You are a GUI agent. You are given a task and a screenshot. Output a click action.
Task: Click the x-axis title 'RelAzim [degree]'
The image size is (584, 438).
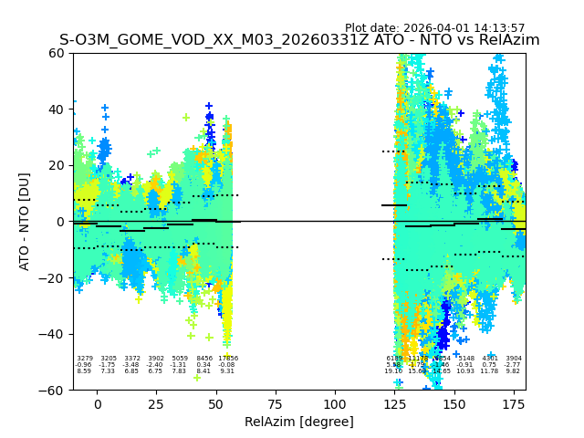click(298, 422)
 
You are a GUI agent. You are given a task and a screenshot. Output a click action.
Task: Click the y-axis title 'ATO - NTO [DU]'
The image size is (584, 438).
click(25, 221)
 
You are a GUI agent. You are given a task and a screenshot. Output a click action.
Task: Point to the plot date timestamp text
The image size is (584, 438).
click(434, 28)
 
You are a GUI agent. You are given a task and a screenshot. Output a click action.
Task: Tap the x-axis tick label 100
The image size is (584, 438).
click(335, 403)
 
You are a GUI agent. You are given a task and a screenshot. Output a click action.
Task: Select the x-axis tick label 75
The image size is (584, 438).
click(276, 403)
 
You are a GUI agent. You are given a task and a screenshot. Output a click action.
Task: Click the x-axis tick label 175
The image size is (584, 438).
click(514, 403)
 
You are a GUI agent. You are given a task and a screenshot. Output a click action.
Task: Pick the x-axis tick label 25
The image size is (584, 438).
click(157, 403)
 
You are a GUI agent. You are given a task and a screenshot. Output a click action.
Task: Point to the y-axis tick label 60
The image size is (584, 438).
click(57, 53)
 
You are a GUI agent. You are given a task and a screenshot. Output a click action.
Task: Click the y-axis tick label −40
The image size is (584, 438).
click(53, 334)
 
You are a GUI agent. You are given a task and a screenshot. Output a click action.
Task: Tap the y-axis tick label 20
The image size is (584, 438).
click(57, 165)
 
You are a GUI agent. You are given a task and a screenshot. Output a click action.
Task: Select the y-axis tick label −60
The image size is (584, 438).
click(53, 390)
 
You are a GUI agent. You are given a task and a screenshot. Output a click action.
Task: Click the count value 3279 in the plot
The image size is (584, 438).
click(84, 359)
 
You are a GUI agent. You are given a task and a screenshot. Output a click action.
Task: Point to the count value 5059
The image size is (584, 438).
click(179, 359)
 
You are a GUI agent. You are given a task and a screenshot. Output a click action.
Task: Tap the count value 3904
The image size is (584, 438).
click(514, 359)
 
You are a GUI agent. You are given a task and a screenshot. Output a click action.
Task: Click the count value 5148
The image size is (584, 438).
click(466, 359)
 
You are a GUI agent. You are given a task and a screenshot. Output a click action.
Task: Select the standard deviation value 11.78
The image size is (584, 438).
click(490, 371)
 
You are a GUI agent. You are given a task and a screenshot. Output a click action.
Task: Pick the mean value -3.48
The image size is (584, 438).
click(131, 365)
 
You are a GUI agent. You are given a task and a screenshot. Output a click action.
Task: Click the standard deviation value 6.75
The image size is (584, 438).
click(155, 371)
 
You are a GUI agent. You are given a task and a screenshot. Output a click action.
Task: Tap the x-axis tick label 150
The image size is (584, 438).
click(454, 403)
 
